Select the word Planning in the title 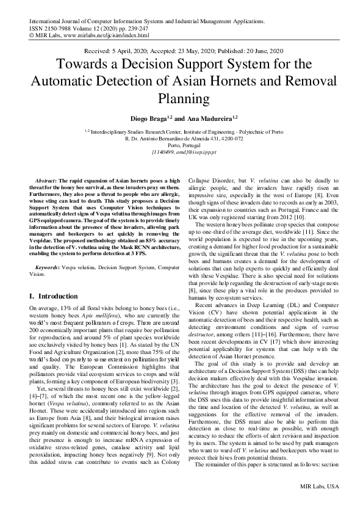(181, 98)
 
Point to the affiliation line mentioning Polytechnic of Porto (181, 132)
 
